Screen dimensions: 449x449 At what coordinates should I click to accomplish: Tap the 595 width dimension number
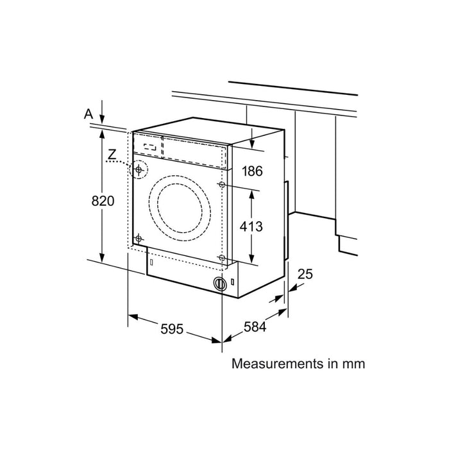(172, 329)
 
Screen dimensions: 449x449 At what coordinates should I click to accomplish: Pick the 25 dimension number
(305, 275)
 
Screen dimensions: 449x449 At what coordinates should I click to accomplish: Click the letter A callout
(89, 114)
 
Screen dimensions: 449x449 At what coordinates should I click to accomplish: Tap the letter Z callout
(112, 154)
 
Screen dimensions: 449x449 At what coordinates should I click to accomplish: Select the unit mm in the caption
(353, 364)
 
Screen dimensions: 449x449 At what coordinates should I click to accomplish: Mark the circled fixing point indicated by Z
(138, 170)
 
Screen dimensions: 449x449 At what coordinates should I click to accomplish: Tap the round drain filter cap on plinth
(219, 284)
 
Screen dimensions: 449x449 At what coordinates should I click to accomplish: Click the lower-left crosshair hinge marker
(137, 238)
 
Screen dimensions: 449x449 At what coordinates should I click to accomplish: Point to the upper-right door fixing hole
(222, 185)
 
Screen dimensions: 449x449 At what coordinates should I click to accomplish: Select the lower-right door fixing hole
(222, 258)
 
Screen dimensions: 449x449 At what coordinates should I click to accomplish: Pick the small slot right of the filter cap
(233, 281)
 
